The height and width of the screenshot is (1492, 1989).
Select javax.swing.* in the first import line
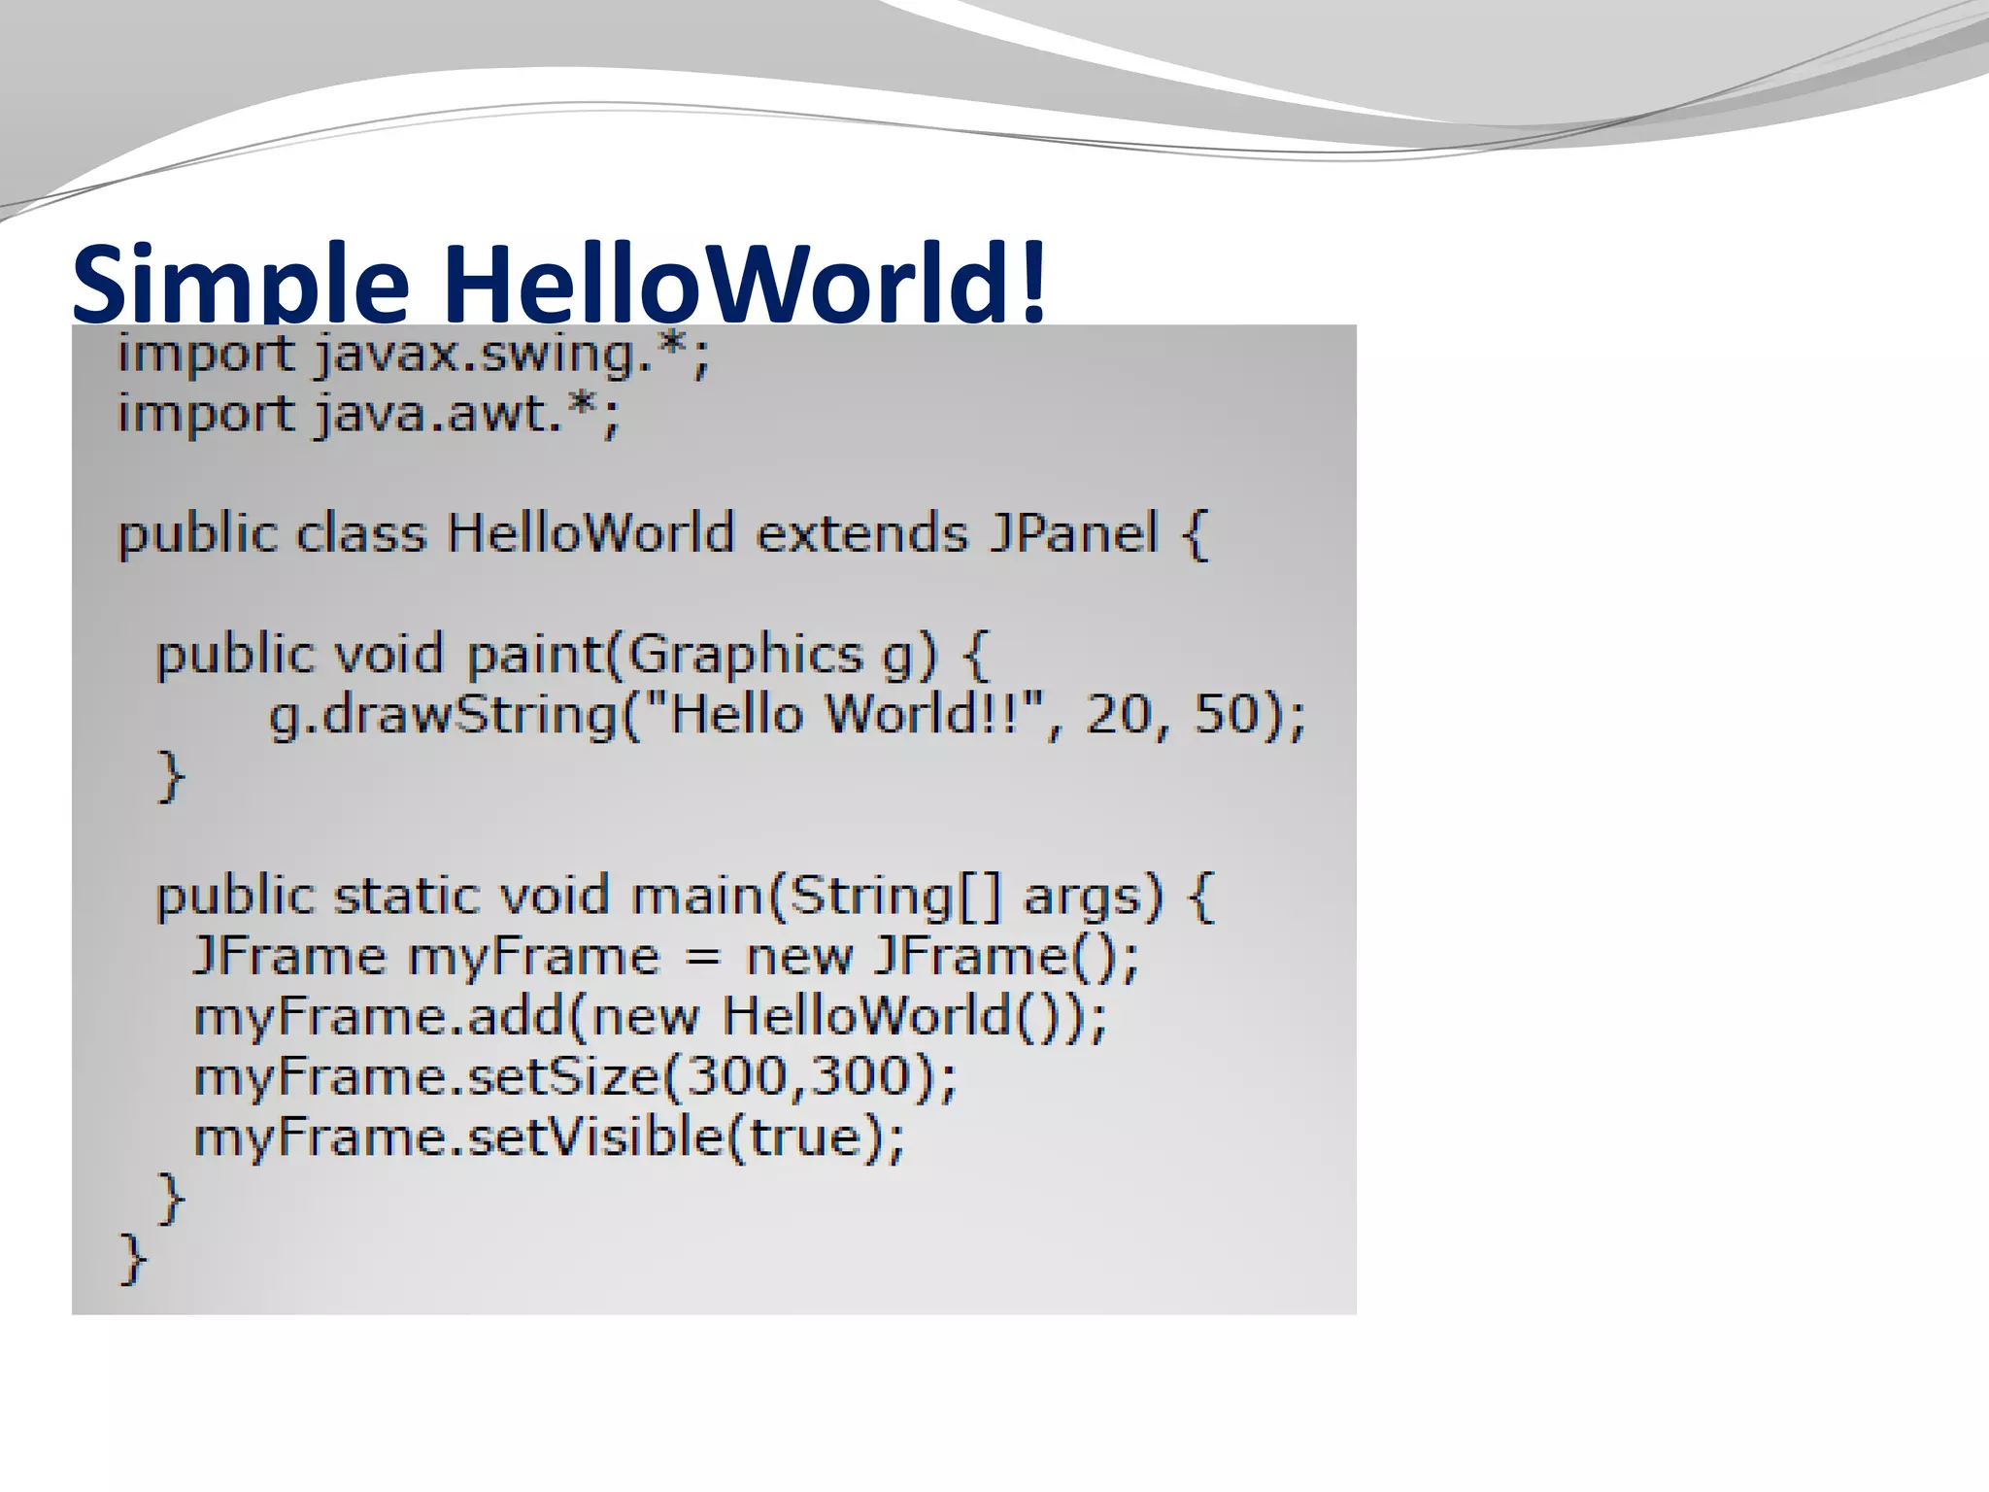pyautogui.click(x=512, y=355)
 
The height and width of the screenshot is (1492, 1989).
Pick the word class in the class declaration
pyautogui.click(x=360, y=534)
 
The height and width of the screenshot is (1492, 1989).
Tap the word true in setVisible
pyautogui.click(x=806, y=1137)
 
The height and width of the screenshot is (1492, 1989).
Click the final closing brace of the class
pyautogui.click(x=132, y=1259)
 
